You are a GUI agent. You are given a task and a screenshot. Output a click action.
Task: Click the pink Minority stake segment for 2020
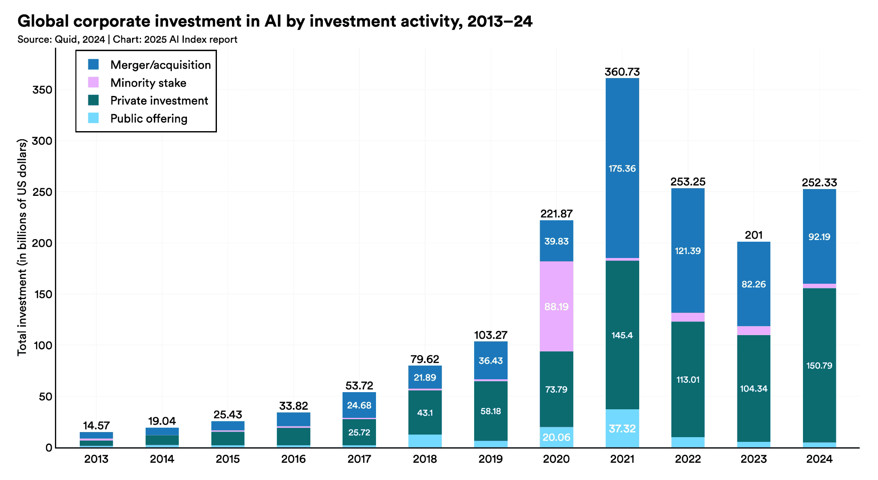point(556,306)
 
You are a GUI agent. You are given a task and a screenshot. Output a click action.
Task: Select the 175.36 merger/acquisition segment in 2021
point(622,168)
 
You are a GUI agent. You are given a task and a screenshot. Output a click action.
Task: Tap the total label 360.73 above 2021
point(622,72)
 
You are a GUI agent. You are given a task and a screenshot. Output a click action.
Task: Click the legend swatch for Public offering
point(93,118)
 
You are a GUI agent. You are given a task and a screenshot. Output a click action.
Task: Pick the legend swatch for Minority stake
point(93,82)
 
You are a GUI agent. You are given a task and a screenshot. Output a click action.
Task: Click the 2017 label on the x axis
point(359,459)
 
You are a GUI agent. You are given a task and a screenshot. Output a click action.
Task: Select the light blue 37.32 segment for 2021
point(622,429)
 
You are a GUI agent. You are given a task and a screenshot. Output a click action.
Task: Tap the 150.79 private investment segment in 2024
point(819,366)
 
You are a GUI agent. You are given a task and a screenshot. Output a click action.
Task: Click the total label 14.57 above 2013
point(96,426)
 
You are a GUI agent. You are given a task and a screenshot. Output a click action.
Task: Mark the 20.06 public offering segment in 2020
point(556,437)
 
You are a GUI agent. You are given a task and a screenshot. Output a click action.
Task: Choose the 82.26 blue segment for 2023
point(753,284)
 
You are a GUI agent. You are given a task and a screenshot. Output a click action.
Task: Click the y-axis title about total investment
point(22,247)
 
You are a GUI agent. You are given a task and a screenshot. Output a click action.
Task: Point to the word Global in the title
point(42,21)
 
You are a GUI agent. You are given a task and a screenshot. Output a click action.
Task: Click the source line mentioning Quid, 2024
point(127,39)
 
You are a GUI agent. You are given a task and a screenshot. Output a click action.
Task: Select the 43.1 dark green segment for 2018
point(425,413)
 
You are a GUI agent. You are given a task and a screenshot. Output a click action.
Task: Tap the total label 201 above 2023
point(753,235)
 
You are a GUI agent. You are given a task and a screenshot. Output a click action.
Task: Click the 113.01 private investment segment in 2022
point(688,379)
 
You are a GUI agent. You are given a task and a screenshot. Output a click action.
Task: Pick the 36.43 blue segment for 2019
point(490,360)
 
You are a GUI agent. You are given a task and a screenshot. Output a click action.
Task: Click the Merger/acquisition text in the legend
point(160,65)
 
